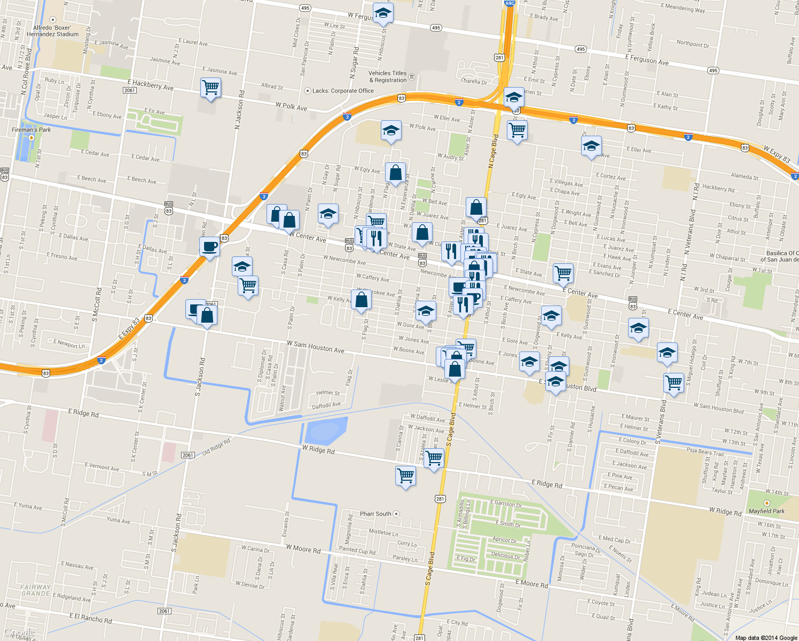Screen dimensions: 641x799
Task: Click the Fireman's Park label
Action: point(32,130)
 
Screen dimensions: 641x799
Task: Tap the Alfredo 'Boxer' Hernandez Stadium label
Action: point(52,30)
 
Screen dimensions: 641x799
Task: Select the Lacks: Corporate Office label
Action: point(343,91)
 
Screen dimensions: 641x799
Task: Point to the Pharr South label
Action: point(376,514)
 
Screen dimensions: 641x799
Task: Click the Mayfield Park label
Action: point(766,511)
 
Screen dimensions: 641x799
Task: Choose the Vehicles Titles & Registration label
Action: point(388,76)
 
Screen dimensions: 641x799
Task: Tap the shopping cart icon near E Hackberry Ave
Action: point(210,87)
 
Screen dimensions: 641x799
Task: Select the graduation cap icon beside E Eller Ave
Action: point(591,145)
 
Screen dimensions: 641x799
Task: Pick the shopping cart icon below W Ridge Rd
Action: point(405,474)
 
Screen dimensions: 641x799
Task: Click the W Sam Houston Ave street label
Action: point(316,347)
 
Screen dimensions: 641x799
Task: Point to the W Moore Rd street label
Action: point(303,549)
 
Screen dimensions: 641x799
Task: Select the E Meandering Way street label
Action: point(683,7)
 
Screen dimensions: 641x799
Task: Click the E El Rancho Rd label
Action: point(90,618)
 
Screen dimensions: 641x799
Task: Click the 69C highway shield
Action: point(510,3)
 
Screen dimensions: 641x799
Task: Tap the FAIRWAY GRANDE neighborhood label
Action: point(36,590)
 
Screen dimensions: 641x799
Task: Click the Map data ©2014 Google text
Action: point(766,637)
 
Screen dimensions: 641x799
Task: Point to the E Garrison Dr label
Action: point(506,503)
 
